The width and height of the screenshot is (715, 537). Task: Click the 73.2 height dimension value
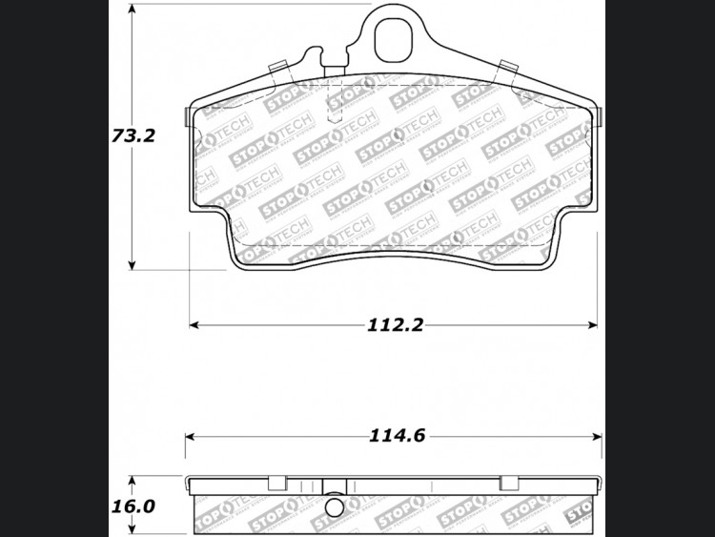click(133, 135)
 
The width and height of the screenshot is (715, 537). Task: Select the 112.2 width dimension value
click(396, 325)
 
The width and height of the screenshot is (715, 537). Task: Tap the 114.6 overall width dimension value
click(397, 436)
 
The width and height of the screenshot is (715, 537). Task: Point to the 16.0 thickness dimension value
click(133, 506)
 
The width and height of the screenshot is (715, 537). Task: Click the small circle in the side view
click(335, 506)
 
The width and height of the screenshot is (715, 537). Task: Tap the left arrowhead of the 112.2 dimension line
click(194, 325)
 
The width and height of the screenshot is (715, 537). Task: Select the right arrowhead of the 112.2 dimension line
click(592, 325)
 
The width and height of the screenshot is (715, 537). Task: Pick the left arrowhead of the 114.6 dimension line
click(190, 437)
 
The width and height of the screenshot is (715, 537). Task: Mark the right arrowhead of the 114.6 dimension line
click(597, 437)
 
